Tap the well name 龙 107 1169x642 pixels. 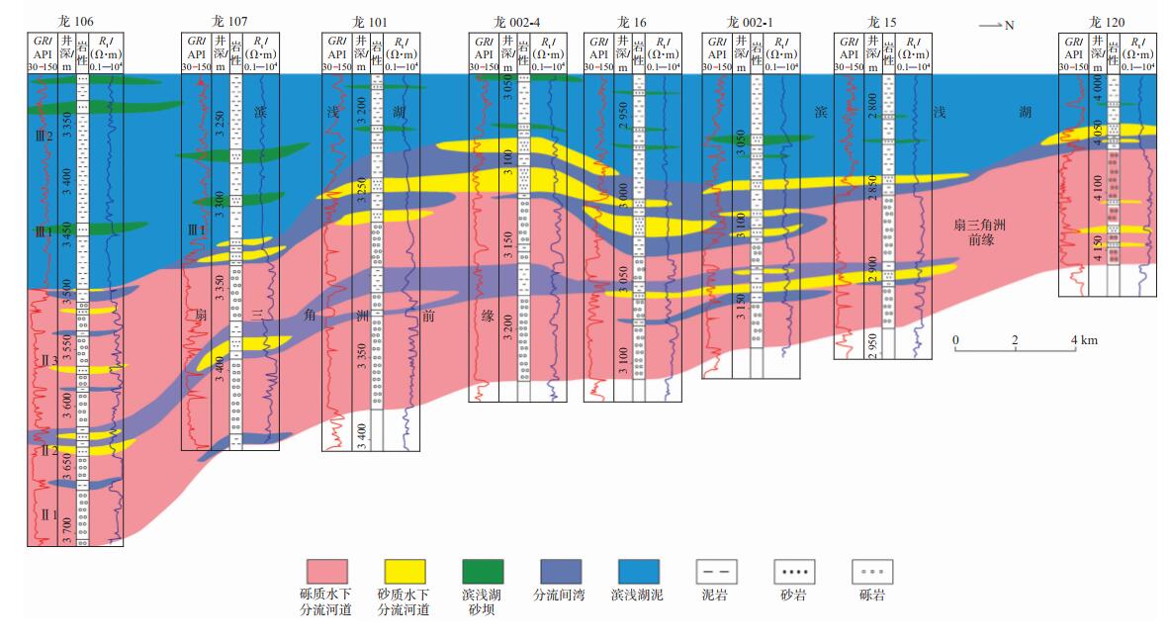coord(228,22)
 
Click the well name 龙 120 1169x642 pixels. coord(1107,22)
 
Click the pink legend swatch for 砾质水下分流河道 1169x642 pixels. coord(326,571)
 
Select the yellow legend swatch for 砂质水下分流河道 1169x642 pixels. coord(405,571)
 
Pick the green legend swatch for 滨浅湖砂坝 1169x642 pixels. coord(483,571)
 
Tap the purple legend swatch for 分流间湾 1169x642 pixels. coord(560,571)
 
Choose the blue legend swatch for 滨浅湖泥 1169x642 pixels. coord(638,571)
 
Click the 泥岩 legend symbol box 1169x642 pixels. coord(716,571)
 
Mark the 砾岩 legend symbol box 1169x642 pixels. coord(872,571)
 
